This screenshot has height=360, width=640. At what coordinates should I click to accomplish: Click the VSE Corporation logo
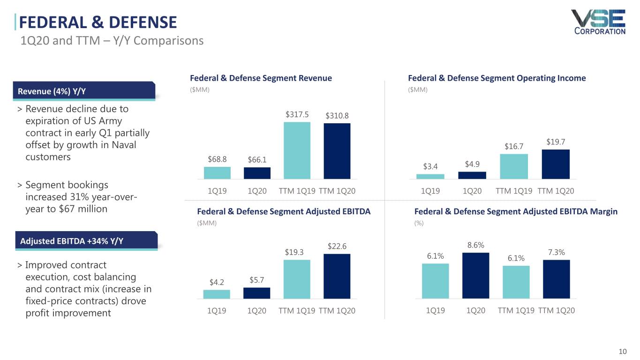click(x=598, y=22)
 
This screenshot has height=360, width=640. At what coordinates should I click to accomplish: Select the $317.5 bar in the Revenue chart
click(x=297, y=150)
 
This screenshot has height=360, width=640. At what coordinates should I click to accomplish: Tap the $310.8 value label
click(x=337, y=116)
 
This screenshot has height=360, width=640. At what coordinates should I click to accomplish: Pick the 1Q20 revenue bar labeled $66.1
click(x=257, y=173)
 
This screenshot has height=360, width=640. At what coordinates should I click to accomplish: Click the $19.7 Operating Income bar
click(x=556, y=164)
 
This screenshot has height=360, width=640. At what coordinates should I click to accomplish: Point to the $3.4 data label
click(x=430, y=166)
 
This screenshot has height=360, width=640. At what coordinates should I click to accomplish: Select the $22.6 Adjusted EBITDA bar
click(x=337, y=276)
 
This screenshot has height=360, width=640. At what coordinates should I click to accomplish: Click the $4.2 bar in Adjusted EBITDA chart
click(x=217, y=294)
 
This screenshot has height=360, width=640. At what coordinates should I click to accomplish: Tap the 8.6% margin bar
click(x=475, y=276)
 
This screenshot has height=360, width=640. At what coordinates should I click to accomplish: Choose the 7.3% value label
click(x=556, y=253)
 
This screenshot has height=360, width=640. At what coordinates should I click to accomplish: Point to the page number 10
click(x=623, y=352)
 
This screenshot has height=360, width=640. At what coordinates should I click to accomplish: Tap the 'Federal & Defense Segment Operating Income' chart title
click(x=497, y=78)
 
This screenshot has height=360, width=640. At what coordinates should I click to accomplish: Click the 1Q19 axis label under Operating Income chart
click(x=430, y=191)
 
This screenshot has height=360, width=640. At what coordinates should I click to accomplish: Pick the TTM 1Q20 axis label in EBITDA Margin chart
click(x=556, y=310)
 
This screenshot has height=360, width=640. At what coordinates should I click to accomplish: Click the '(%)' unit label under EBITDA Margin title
click(x=419, y=224)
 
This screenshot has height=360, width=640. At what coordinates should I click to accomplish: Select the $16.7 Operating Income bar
click(x=514, y=166)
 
